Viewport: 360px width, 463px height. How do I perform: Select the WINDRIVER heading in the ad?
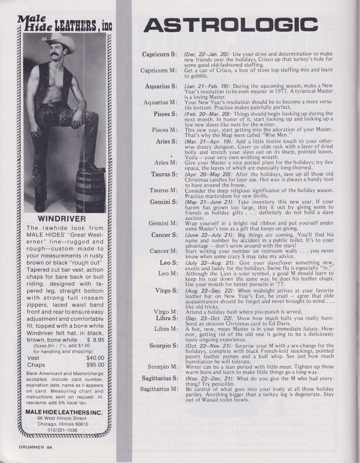click(62, 219)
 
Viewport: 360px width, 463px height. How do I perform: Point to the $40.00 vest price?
click(95, 358)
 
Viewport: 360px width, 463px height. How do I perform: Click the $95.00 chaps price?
click(95, 365)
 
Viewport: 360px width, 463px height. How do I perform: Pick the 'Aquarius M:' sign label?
click(160, 103)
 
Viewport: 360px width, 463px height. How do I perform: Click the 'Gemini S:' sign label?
click(164, 202)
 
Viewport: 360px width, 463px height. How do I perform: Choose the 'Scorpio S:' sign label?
click(163, 346)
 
